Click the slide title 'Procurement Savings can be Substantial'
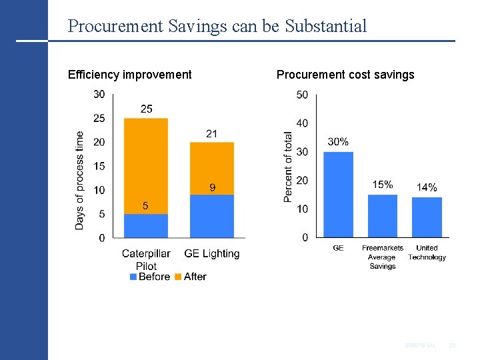(217, 26)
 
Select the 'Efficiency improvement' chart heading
(129, 75)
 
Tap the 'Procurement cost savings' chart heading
(345, 75)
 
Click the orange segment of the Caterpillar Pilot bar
(145, 165)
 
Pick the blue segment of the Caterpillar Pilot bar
(145, 225)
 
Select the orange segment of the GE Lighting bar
(211, 168)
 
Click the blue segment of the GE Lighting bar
(211, 216)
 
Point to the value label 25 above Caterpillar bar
(146, 109)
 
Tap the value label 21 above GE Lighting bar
(211, 133)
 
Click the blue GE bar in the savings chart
(338, 194)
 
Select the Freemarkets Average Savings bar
(382, 215)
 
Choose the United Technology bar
(427, 217)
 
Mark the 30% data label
(338, 142)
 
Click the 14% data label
(427, 187)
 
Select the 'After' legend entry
(191, 277)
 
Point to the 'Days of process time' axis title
(80, 180)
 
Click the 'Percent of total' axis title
(288, 167)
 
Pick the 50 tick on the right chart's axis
(302, 95)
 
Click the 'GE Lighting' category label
(211, 254)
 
